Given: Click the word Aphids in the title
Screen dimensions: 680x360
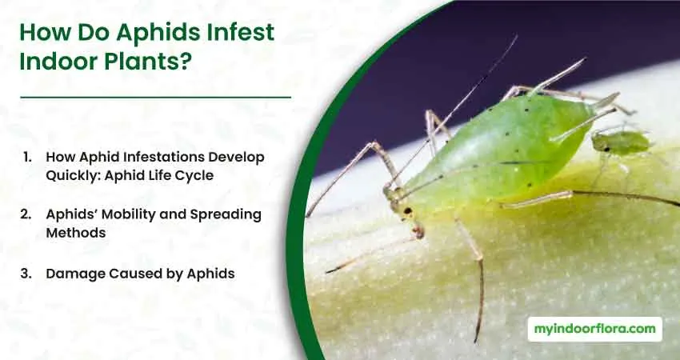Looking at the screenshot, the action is [x=158, y=33].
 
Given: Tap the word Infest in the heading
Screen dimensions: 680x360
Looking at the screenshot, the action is [x=241, y=32].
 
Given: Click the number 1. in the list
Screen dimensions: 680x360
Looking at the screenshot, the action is [x=27, y=157].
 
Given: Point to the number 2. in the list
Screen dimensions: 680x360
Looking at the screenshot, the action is [x=26, y=214].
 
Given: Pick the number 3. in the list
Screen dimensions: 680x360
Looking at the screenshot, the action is [x=26, y=274].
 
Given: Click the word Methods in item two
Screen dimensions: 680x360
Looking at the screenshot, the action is [x=76, y=233].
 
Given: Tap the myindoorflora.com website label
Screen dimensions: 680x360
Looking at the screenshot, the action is [x=595, y=329].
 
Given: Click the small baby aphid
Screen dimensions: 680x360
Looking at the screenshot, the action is [x=621, y=142].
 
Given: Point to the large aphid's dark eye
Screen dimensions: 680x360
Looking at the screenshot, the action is [x=408, y=211].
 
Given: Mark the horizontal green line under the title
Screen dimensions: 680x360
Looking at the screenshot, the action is [x=155, y=98].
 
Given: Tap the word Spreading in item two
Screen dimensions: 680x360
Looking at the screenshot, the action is [x=226, y=215].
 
